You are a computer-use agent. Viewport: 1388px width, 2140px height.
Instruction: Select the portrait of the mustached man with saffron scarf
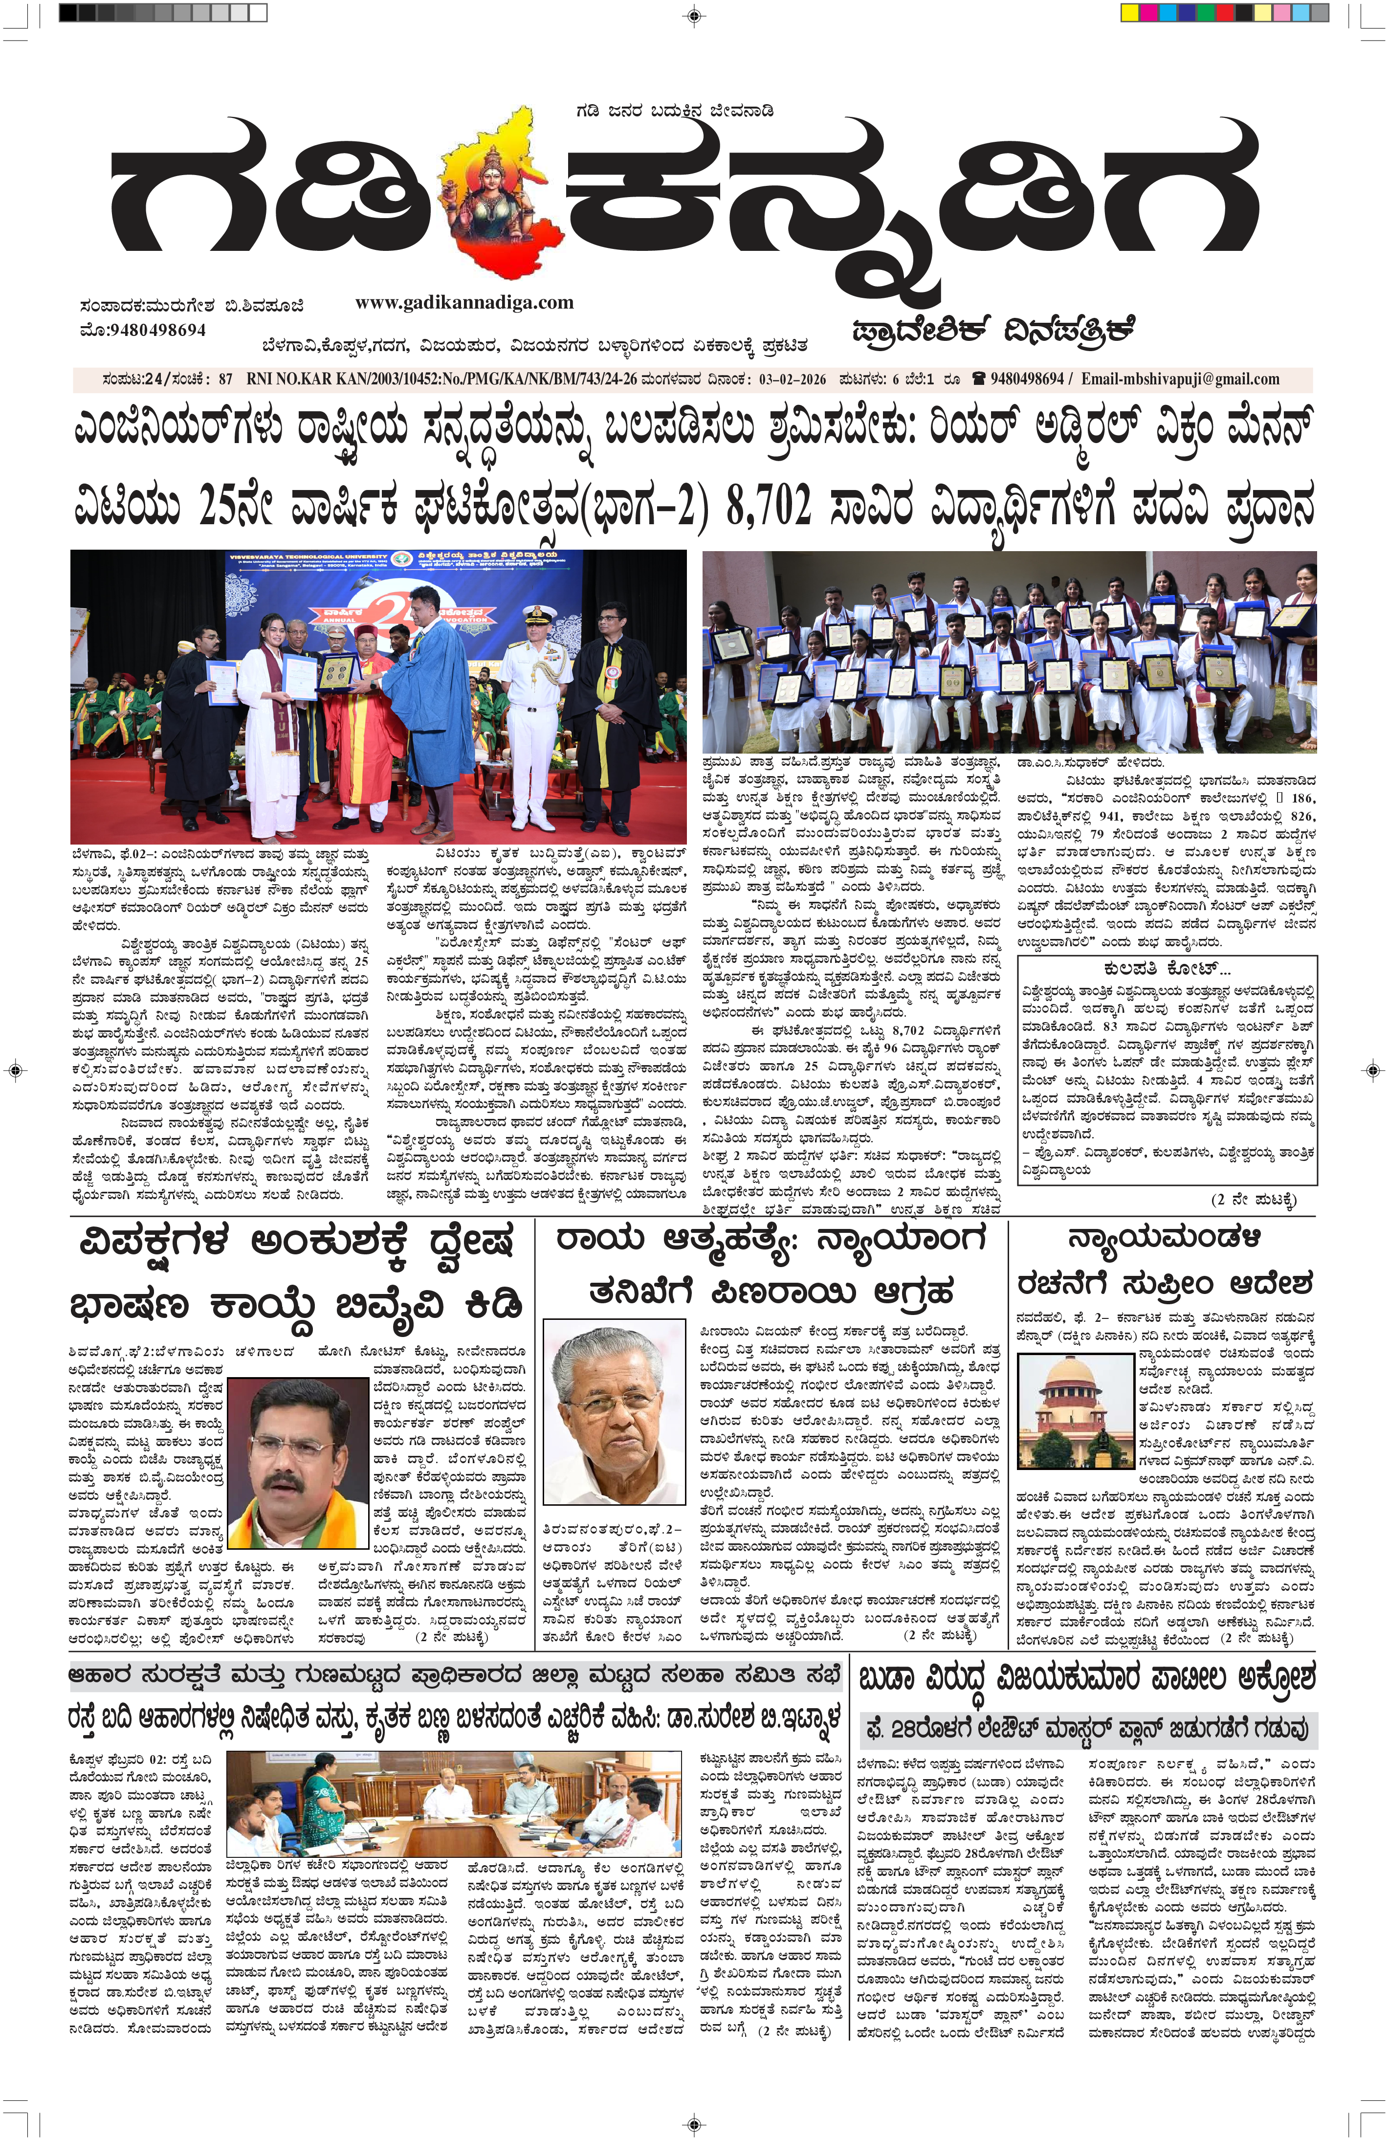pos(298,1462)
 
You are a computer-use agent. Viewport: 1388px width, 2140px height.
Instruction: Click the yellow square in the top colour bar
pos(1129,13)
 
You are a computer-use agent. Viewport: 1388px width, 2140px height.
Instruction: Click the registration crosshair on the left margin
pos(14,1070)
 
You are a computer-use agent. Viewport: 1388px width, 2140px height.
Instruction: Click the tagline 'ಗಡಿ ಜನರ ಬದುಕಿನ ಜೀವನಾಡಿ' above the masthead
pos(674,111)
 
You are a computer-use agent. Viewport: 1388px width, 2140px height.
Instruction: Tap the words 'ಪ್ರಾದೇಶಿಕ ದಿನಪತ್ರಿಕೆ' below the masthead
pos(993,331)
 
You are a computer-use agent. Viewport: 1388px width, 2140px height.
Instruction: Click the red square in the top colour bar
pos(1224,13)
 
